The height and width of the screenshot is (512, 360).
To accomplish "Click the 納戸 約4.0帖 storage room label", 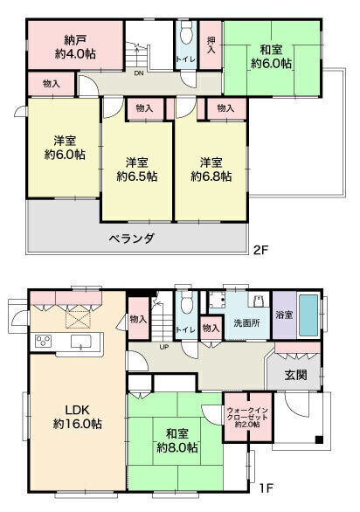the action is [75, 47].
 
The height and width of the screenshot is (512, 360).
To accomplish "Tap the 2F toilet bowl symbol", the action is [186, 33].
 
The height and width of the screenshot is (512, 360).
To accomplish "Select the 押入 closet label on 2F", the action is [211, 45].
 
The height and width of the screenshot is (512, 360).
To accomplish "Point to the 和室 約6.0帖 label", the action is [271, 57].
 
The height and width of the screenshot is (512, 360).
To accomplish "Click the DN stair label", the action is [139, 73].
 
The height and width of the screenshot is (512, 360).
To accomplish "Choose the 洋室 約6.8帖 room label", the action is [211, 170].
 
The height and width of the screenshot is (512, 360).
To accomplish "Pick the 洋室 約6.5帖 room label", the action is [137, 170].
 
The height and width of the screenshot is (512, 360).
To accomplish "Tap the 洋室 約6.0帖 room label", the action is [65, 148].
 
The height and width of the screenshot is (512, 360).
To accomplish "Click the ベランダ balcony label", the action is [131, 239].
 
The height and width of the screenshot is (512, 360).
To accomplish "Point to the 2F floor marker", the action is [260, 250].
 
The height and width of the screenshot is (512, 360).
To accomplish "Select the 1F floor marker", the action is [267, 488].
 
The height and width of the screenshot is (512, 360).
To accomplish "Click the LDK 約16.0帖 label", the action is [78, 417].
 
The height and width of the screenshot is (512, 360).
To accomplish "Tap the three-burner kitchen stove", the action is [44, 341].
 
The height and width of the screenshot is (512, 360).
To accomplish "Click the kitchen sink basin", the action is [80, 341].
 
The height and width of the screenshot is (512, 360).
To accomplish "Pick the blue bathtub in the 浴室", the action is [308, 315].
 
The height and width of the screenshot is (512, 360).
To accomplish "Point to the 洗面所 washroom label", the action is [247, 323].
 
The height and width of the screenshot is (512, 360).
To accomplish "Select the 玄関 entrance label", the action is [295, 375].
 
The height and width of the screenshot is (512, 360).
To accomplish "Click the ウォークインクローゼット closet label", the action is [247, 418].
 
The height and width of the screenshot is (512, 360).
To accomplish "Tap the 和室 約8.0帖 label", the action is [177, 440].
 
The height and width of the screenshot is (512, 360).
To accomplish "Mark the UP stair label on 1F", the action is [164, 347].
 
